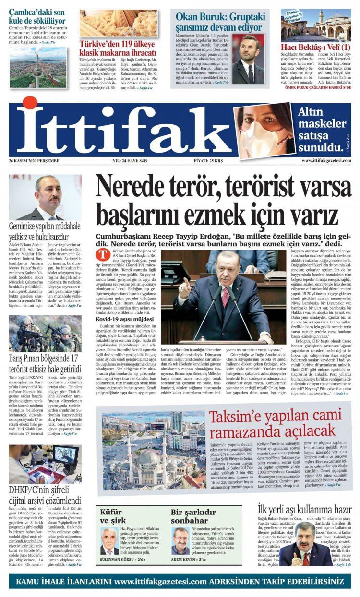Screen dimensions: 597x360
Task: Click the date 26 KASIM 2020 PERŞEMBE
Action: [x=38, y=160]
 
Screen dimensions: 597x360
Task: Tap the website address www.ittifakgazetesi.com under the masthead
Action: [x=326, y=160]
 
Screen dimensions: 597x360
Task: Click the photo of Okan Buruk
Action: [x=248, y=58]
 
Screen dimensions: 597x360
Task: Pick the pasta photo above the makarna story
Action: [x=118, y=23]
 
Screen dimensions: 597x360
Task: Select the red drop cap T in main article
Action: [x=101, y=253]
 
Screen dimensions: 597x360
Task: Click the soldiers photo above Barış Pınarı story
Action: [x=45, y=334]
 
